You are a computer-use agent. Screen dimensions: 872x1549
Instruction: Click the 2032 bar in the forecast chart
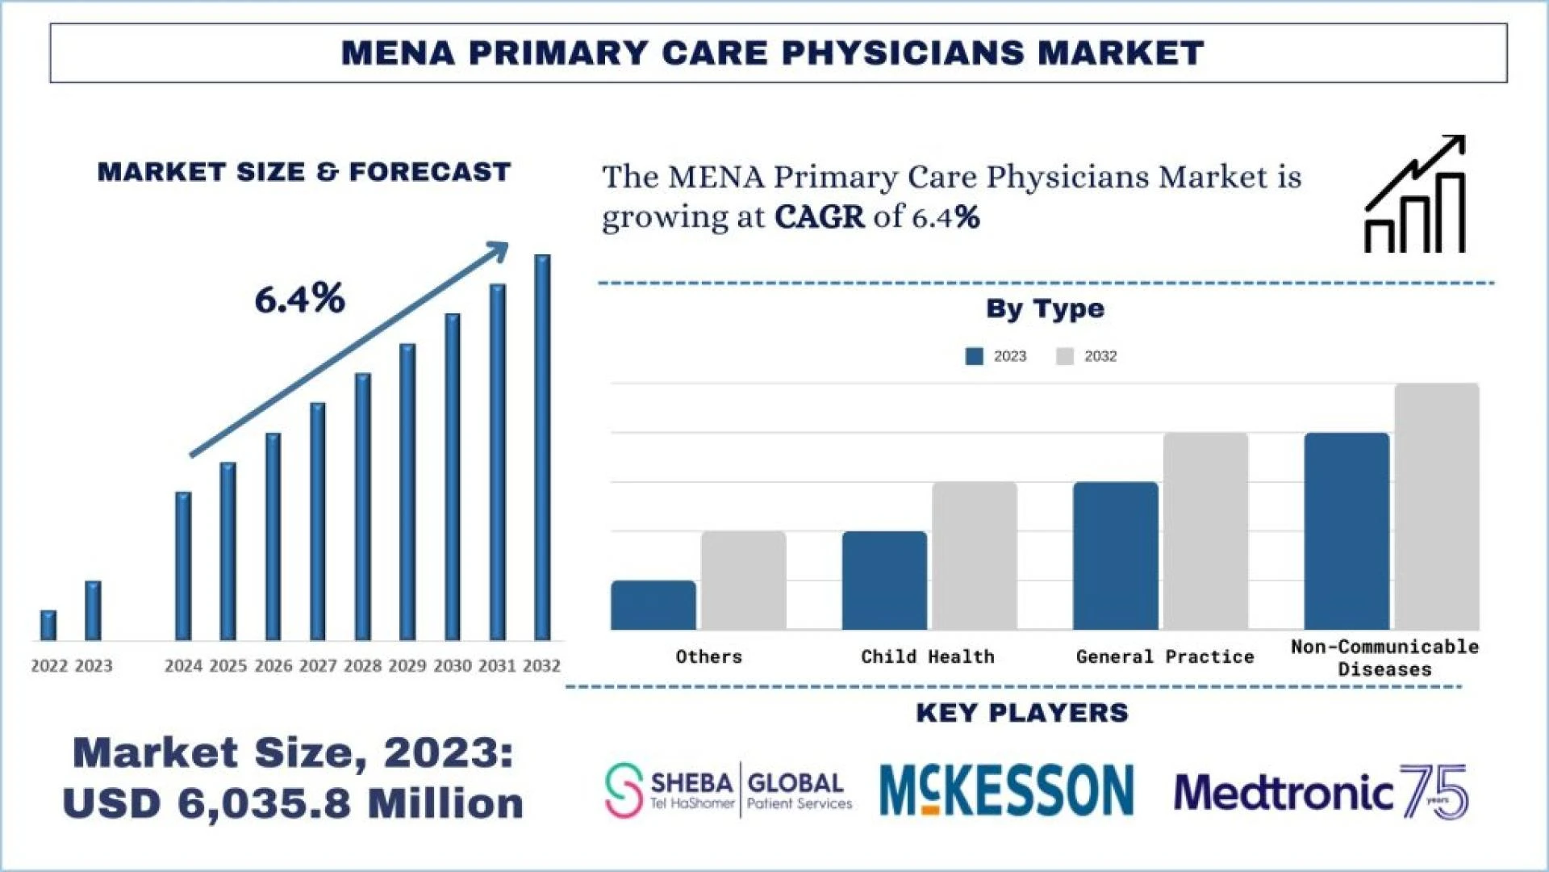pyautogui.click(x=542, y=448)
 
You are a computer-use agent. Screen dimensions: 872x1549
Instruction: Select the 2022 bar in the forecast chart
pyautogui.click(x=48, y=626)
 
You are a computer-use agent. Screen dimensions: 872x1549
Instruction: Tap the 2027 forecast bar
pyautogui.click(x=318, y=522)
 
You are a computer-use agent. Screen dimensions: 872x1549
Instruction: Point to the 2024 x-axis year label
pyautogui.click(x=183, y=666)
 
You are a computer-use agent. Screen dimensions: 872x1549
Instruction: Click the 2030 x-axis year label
pyautogui.click(x=452, y=666)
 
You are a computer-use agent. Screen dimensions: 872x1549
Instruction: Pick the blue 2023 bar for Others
pyautogui.click(x=653, y=605)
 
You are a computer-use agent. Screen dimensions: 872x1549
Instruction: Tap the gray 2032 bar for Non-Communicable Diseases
pyautogui.click(x=1437, y=506)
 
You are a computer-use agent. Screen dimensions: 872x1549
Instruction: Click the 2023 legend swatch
pyautogui.click(x=974, y=356)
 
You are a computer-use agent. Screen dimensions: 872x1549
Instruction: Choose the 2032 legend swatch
pyautogui.click(x=1065, y=356)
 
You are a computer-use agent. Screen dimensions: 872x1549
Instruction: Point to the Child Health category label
pyautogui.click(x=928, y=656)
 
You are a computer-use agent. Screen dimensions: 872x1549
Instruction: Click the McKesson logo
pyautogui.click(x=1006, y=790)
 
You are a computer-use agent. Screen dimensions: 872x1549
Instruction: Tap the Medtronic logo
pyautogui.click(x=1320, y=791)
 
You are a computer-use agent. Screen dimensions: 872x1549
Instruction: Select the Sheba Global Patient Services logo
pyautogui.click(x=729, y=790)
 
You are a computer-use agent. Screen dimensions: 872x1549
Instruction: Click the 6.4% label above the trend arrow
pyautogui.click(x=299, y=300)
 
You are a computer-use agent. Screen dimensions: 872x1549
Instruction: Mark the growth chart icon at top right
pyautogui.click(x=1415, y=194)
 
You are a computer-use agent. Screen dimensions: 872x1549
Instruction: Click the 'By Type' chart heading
pyautogui.click(x=1045, y=308)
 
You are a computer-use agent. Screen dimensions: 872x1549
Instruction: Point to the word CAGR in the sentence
pyautogui.click(x=819, y=216)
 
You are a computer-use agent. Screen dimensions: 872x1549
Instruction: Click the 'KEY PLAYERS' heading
pyautogui.click(x=1022, y=713)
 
